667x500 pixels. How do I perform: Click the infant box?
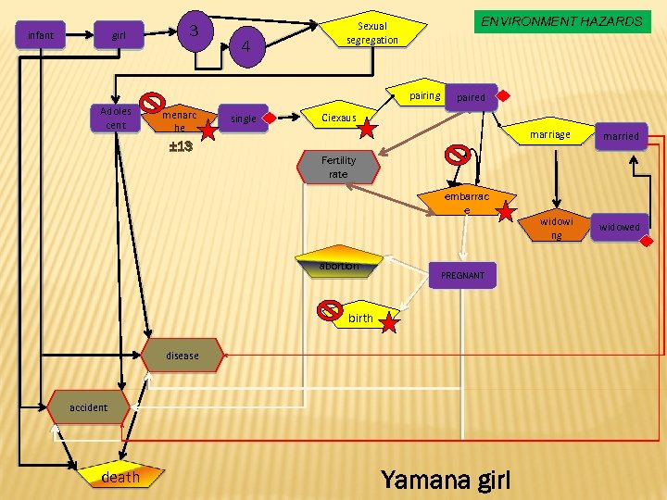(41, 36)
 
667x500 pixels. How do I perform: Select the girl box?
(119, 36)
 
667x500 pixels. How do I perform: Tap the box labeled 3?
(195, 31)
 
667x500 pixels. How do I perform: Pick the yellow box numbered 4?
(245, 45)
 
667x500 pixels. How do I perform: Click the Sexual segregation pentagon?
(372, 33)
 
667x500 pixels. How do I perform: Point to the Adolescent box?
(116, 119)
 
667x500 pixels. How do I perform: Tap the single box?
(244, 119)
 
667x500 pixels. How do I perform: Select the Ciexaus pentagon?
(338, 118)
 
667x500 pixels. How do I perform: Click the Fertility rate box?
(338, 168)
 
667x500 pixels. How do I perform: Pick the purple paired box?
(471, 97)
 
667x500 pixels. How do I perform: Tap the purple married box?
(620, 136)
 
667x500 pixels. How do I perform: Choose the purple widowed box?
(619, 227)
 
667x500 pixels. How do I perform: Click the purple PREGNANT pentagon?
(462, 276)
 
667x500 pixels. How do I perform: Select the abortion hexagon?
(339, 265)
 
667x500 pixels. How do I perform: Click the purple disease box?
(182, 356)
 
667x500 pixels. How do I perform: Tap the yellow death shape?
(120, 477)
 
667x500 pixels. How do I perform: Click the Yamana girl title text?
(445, 479)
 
